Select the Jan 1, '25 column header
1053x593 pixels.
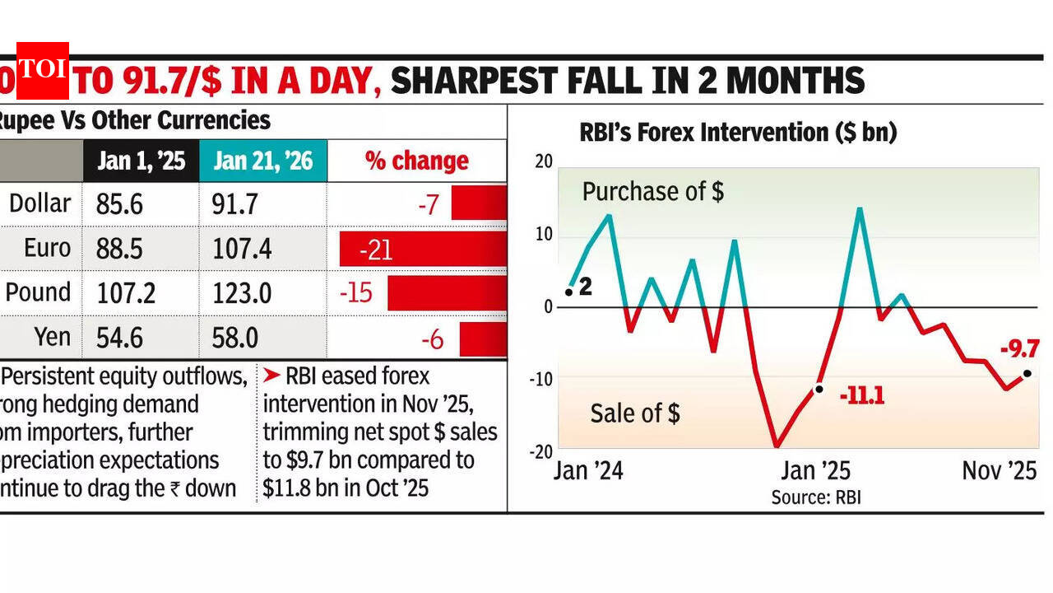pos(141,161)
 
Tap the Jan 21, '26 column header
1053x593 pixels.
pos(263,161)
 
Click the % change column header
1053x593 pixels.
pos(417,161)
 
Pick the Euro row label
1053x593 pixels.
pos(47,248)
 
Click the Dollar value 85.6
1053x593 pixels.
pos(120,203)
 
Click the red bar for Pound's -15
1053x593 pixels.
pos(447,293)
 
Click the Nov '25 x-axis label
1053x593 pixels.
pos(999,470)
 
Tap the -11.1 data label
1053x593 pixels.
pos(861,397)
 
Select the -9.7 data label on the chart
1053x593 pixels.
pos(1019,349)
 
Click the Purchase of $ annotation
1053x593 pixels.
pos(652,192)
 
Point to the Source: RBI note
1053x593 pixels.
pos(815,497)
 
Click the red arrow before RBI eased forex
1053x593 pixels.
pos(271,376)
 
